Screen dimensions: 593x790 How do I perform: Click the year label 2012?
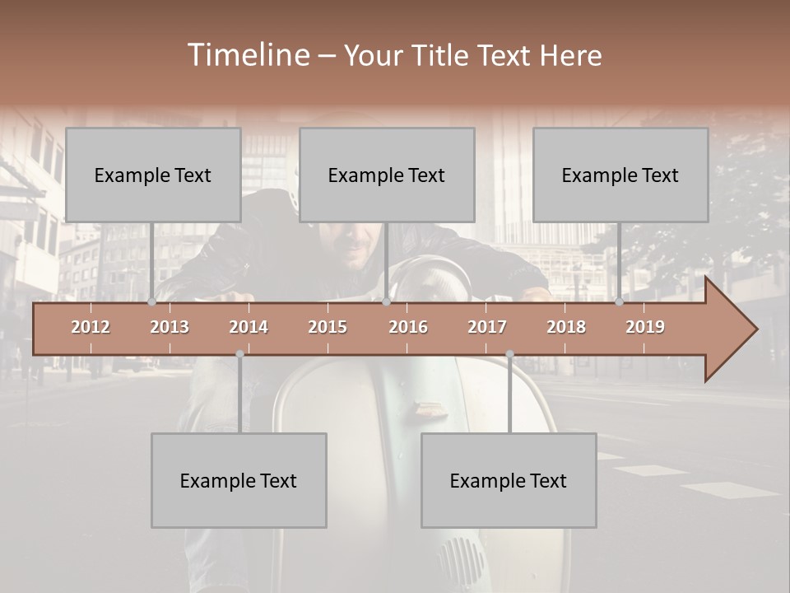point(91,327)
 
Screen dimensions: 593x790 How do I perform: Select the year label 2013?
point(170,327)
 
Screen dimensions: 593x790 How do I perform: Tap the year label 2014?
point(249,327)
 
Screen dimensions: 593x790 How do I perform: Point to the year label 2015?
point(328,327)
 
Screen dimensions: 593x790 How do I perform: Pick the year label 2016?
point(408,327)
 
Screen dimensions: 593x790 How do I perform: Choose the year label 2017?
point(487,327)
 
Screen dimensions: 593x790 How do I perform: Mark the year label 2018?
point(566,327)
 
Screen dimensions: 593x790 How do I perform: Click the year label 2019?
point(645,327)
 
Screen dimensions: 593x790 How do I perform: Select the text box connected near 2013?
point(153,175)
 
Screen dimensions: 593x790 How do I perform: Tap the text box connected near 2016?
point(387,175)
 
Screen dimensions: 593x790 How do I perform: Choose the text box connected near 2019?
point(620,175)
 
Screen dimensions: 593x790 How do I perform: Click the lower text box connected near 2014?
point(239,480)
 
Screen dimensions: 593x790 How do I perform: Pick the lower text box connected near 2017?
point(509,480)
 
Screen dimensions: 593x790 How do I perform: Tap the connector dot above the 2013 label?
point(151,302)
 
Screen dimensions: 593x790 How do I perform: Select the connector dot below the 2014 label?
point(239,354)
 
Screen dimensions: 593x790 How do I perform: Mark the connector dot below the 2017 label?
point(509,354)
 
